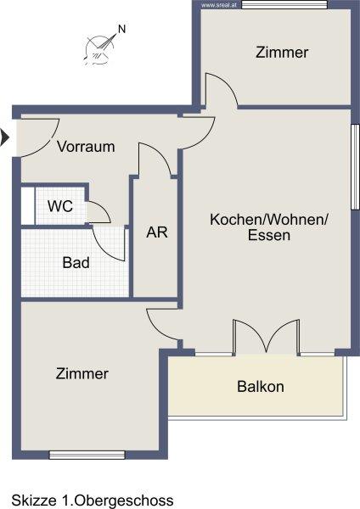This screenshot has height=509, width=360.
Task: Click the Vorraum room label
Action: [x=86, y=147]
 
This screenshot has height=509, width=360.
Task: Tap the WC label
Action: [x=60, y=206]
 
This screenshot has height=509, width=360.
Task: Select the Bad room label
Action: [x=76, y=263]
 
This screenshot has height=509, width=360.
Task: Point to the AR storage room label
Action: [x=157, y=232]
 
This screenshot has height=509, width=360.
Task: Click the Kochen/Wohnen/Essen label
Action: [x=269, y=227]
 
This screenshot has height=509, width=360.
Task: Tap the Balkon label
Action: [x=261, y=387]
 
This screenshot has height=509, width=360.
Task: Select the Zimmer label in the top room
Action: [x=282, y=53]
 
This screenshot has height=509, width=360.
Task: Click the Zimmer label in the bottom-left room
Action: [x=82, y=373]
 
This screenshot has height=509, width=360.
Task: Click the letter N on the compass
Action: [x=122, y=29]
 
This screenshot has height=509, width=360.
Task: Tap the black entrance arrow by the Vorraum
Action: [x=4, y=137]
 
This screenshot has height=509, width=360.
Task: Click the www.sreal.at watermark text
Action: [x=214, y=5]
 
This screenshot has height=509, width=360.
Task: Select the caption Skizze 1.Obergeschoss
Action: [x=93, y=501]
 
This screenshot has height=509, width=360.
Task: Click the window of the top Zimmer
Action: [x=284, y=4]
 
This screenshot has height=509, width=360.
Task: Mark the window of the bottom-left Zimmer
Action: [x=87, y=455]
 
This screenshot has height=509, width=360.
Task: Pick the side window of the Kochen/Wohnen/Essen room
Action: [x=355, y=166]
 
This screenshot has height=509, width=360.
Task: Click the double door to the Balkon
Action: [x=266, y=336]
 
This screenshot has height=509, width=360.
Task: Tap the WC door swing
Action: [x=99, y=213]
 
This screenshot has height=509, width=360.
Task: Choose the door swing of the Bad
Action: [x=109, y=243]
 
